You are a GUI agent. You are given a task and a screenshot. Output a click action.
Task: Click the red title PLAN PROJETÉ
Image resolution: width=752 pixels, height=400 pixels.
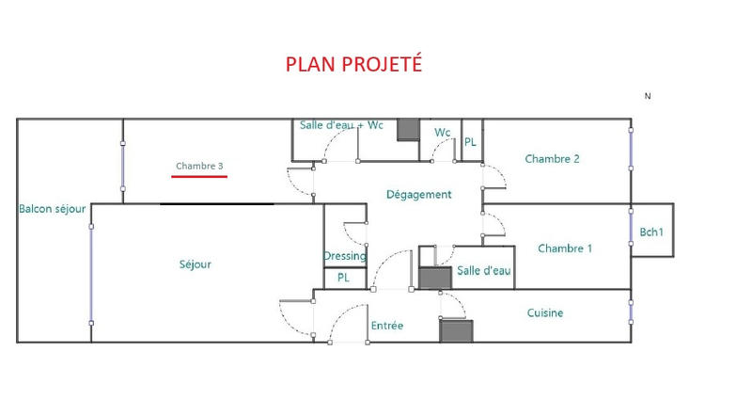(353, 64)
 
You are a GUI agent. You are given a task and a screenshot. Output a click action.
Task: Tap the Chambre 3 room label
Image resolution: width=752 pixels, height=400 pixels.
(199, 167)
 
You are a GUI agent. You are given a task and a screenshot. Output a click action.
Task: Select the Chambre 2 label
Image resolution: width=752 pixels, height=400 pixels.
(552, 159)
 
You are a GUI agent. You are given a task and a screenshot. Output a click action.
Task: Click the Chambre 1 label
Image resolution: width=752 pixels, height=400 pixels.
(565, 248)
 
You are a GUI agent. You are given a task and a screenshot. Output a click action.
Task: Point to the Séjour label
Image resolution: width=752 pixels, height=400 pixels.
(196, 264)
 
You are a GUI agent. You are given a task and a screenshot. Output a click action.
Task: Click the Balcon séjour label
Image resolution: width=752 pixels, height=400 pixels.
(53, 209)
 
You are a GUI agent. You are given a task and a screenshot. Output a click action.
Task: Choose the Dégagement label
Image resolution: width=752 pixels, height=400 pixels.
(419, 195)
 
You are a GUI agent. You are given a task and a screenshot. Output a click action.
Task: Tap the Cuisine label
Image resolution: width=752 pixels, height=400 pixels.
(545, 312)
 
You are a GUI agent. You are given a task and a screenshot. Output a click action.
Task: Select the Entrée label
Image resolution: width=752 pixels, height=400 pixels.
(386, 326)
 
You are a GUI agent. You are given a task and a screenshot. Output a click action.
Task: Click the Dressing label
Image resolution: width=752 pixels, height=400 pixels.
(345, 256)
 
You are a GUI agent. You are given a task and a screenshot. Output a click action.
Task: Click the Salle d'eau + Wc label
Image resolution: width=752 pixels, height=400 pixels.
(341, 125)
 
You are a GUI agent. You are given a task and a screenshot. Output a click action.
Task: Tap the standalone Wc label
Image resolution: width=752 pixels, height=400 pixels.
(442, 133)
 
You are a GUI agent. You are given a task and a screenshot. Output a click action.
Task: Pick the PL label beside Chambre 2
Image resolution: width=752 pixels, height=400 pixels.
(471, 142)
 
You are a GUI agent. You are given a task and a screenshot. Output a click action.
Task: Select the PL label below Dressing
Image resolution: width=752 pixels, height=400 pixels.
(344, 279)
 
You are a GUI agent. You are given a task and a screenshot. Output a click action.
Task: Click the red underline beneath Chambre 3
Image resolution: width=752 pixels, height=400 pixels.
(199, 176)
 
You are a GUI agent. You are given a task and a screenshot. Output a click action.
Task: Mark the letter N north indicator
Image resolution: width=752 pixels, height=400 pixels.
(648, 96)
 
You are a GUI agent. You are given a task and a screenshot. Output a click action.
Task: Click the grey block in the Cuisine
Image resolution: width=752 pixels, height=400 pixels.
(455, 331)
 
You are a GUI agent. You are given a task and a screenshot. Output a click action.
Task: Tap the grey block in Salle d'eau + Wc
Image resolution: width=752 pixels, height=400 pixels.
(408, 130)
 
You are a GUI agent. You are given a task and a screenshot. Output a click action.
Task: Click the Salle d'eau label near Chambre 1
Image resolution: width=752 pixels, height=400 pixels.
(484, 271)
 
